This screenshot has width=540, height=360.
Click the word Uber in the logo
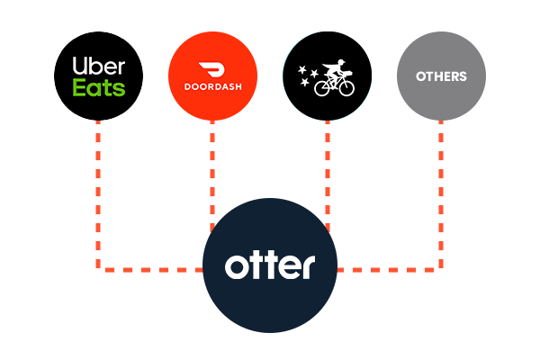(98, 65)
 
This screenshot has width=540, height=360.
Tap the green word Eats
(98, 88)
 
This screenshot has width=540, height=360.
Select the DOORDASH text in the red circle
(212, 89)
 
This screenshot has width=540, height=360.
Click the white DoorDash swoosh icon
(212, 68)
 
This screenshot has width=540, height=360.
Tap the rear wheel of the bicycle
(322, 87)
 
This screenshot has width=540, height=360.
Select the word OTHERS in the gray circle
(441, 76)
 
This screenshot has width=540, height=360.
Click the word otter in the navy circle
(270, 267)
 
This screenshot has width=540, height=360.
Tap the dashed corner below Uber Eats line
(98, 267)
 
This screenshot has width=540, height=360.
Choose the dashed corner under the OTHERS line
(441, 267)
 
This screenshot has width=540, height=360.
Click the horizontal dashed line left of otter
(153, 268)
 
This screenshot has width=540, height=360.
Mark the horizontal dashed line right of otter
(387, 268)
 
